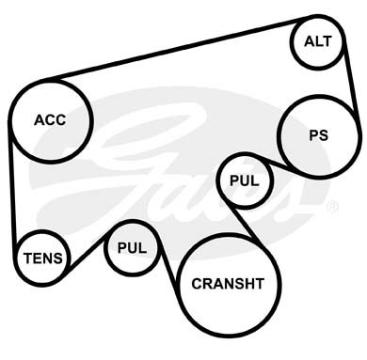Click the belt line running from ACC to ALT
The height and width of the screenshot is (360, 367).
(176, 48)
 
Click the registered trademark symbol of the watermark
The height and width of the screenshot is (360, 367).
(332, 207)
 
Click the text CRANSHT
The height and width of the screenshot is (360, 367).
(228, 284)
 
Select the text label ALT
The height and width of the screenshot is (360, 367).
(318, 41)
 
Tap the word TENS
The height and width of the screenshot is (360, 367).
(43, 258)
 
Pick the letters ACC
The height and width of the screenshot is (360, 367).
(50, 120)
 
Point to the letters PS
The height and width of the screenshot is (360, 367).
(319, 135)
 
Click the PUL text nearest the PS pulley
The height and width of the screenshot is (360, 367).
(245, 180)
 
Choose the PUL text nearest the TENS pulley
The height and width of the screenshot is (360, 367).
(132, 248)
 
